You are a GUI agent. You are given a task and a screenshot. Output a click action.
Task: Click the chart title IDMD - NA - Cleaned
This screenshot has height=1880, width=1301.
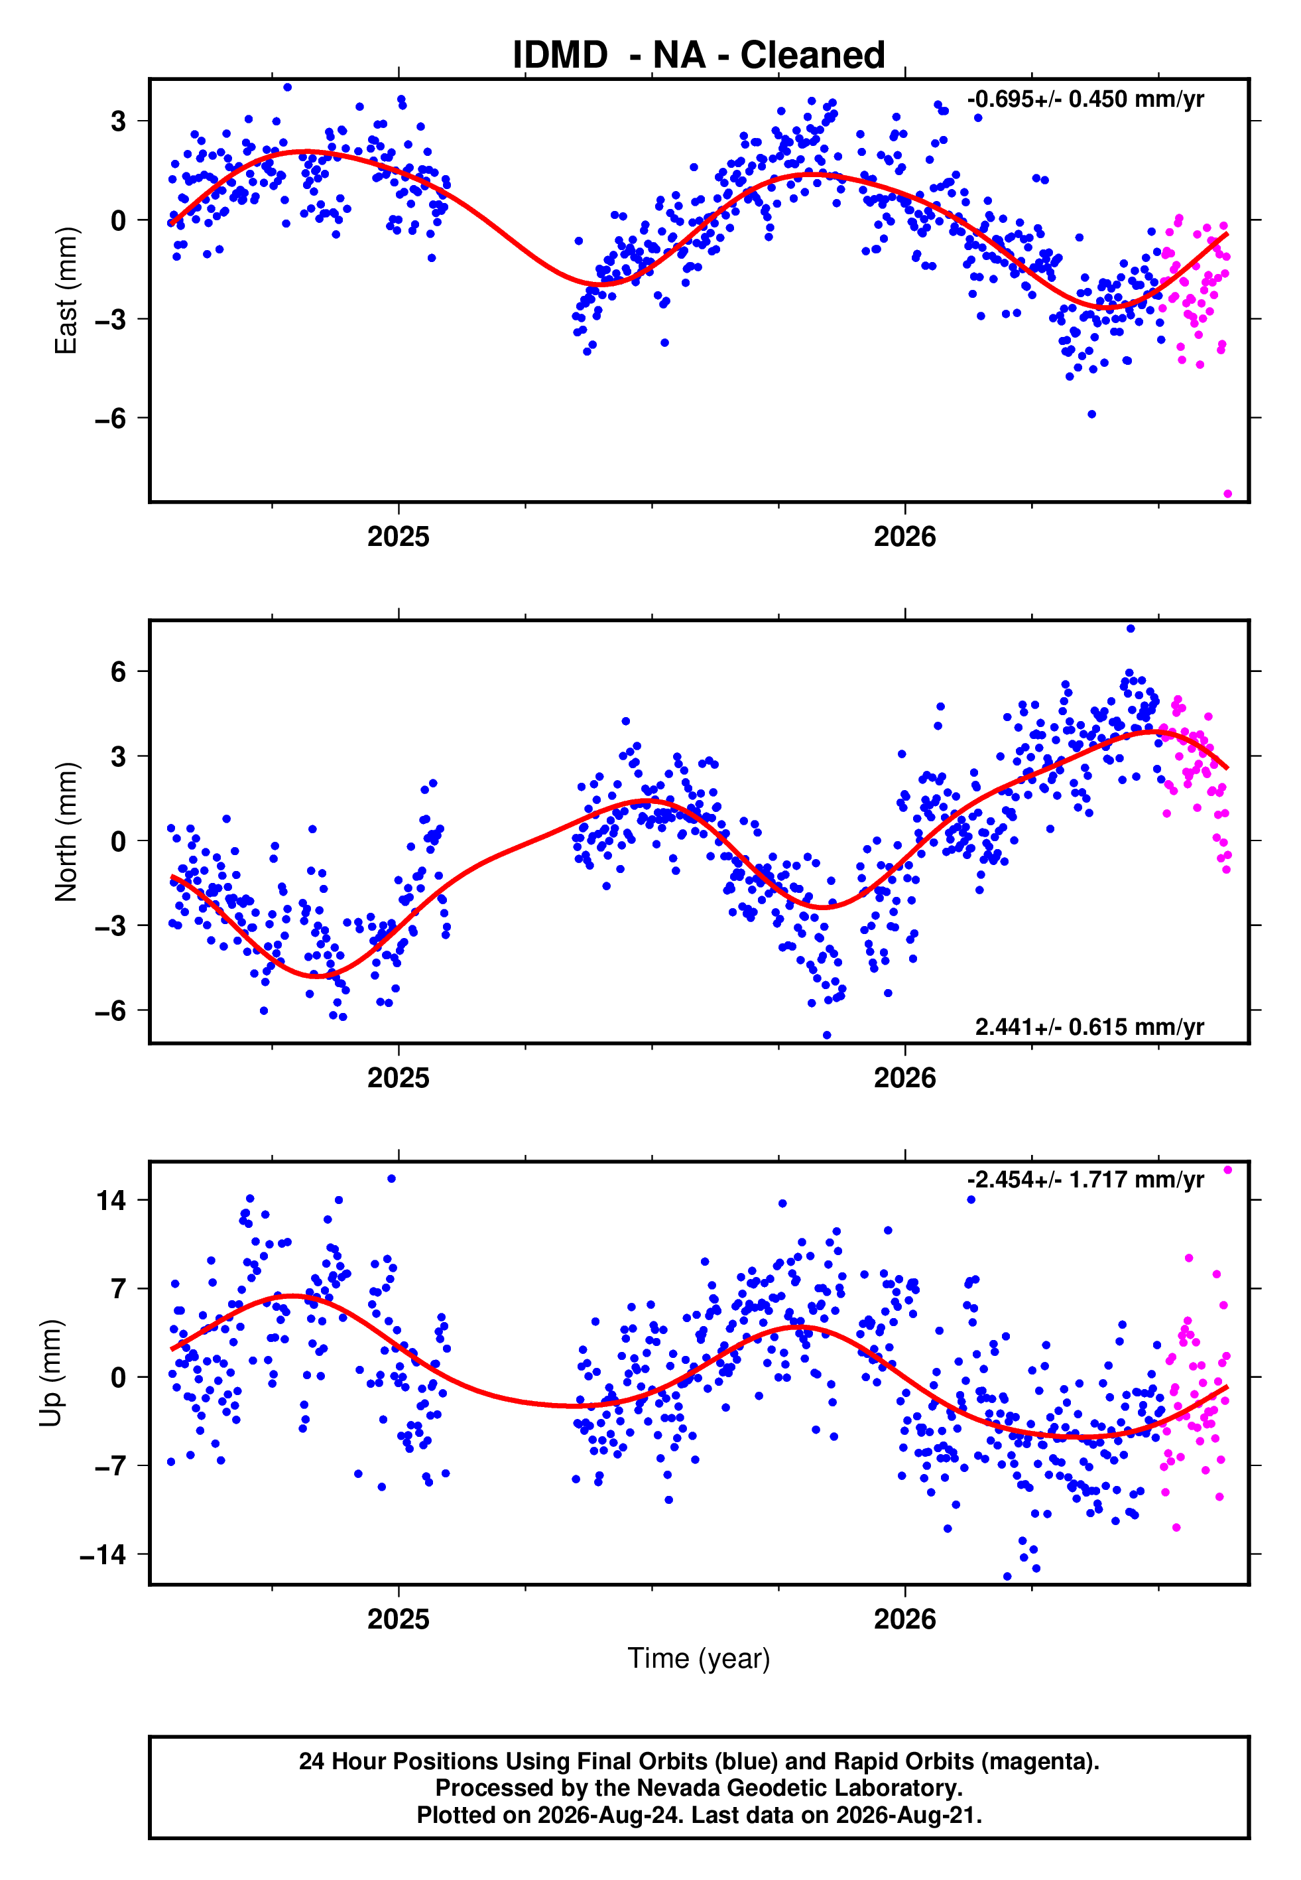[699, 56]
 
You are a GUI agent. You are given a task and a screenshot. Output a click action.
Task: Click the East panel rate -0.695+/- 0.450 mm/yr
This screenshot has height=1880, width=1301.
[1085, 100]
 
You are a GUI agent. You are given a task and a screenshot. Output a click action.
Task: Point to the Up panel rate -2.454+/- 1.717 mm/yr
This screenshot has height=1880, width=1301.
[1085, 1179]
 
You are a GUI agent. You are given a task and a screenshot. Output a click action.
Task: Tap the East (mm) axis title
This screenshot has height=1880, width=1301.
[66, 291]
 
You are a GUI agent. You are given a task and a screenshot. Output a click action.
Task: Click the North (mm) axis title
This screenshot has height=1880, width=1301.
[66, 832]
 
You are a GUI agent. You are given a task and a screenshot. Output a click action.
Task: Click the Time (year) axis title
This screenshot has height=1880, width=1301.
[699, 1659]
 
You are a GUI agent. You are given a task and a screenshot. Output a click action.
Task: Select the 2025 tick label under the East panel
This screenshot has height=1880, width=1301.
[398, 537]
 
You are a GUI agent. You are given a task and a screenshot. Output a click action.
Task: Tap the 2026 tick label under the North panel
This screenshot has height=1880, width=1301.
[905, 1078]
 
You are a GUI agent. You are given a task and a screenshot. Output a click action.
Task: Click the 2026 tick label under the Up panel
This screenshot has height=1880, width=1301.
[905, 1619]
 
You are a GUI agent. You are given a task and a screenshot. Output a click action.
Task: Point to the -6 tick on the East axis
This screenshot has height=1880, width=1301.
[110, 418]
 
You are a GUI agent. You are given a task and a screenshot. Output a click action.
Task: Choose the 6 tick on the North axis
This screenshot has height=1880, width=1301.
[119, 672]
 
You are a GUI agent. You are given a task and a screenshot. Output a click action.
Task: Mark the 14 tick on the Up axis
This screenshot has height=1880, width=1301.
[111, 1200]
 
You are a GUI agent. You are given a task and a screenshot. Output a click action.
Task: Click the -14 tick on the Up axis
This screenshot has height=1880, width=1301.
[103, 1555]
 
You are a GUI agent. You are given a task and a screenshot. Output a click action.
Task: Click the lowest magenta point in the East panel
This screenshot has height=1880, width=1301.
[1227, 494]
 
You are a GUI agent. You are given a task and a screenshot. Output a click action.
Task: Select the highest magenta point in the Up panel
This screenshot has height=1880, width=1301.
[1227, 1170]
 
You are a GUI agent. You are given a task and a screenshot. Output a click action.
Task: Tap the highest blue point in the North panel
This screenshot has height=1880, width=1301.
[1130, 629]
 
